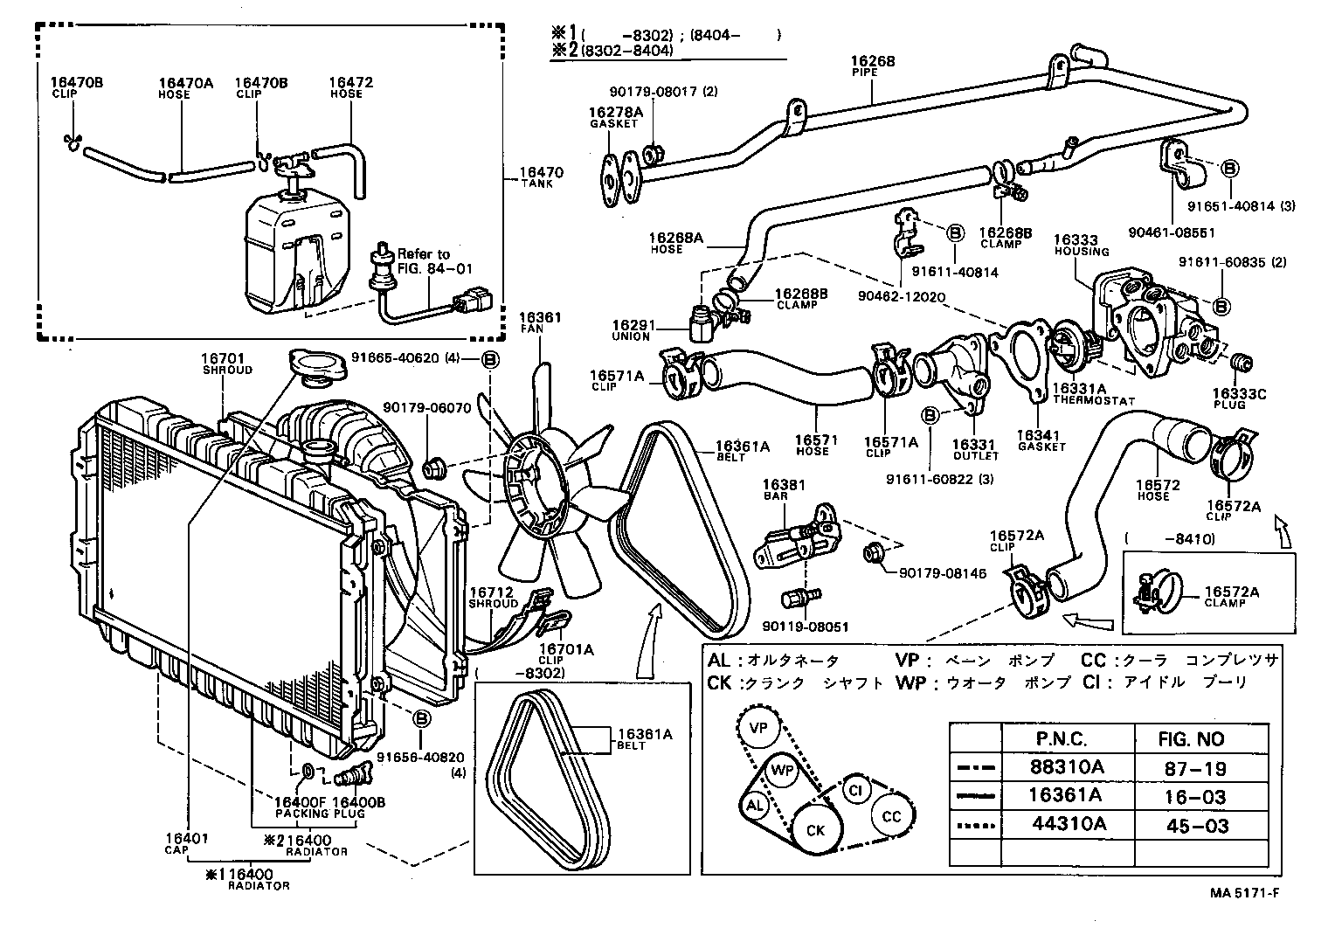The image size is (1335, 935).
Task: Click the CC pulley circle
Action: (891, 816)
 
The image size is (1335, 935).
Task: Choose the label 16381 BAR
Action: (783, 489)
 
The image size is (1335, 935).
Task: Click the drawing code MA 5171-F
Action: (1246, 892)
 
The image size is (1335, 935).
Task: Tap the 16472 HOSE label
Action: (351, 87)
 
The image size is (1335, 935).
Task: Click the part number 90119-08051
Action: (805, 627)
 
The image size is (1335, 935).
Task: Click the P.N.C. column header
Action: (1062, 738)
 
